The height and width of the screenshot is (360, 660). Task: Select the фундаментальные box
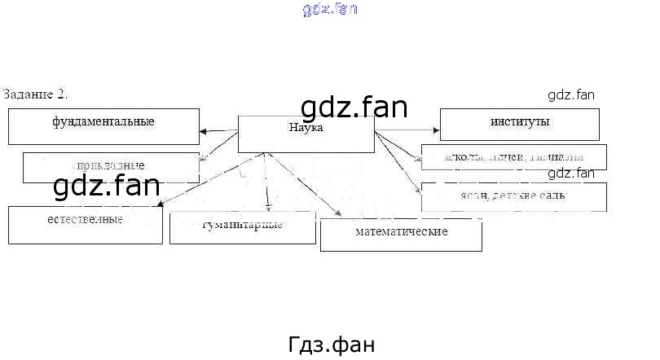(103, 125)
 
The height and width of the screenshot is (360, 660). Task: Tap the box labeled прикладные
(112, 167)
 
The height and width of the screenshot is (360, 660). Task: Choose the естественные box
(85, 224)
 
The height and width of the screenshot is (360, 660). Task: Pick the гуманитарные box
(242, 227)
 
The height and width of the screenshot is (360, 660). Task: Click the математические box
(401, 235)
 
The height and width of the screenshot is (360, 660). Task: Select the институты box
(519, 124)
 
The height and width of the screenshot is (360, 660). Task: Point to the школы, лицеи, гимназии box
(513, 156)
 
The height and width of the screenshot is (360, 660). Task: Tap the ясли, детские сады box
(513, 197)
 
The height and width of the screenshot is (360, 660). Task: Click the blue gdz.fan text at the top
(329, 10)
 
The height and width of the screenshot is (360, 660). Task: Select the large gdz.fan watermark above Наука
(354, 108)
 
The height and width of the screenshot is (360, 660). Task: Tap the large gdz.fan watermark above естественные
(106, 187)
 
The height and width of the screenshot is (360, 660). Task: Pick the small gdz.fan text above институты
(571, 94)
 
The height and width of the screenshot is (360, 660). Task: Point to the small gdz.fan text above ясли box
(571, 173)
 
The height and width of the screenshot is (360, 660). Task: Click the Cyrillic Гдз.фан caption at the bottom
(332, 344)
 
